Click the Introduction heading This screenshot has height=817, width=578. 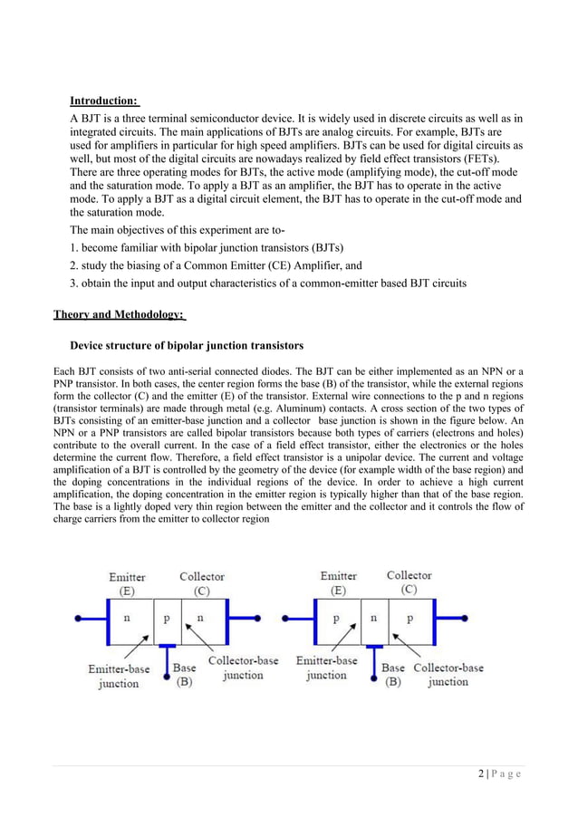point(104,100)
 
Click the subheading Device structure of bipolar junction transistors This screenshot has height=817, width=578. point(187,346)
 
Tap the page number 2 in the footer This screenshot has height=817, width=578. point(477,773)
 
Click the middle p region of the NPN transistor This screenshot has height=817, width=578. point(168,620)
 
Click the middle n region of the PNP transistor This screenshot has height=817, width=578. point(373,620)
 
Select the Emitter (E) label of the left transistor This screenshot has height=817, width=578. point(128,583)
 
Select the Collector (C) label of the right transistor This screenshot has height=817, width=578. point(409,582)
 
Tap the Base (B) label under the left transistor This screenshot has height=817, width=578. point(184,675)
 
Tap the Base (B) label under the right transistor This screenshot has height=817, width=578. point(393,675)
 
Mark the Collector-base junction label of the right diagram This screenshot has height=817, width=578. point(448,675)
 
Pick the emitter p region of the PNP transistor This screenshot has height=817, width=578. point(336,620)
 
